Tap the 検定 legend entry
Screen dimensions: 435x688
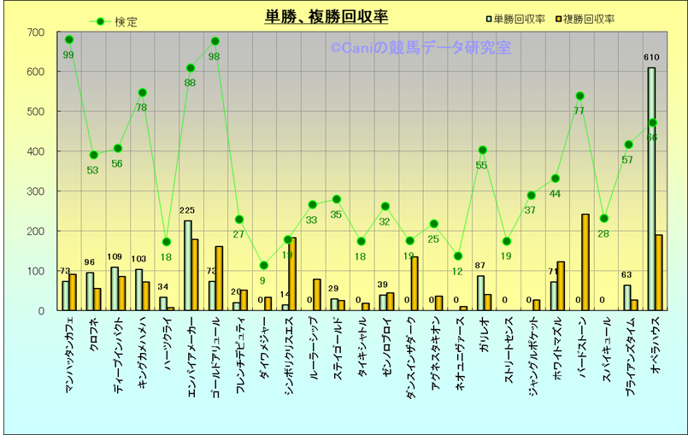pyautogui.click(x=125, y=21)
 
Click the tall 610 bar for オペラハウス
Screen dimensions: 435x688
pyautogui.click(x=651, y=188)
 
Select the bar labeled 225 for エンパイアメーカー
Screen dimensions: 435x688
pyautogui.click(x=188, y=265)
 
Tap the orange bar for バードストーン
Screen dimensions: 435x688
pyautogui.click(x=585, y=262)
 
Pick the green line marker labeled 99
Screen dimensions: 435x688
pyautogui.click(x=68, y=39)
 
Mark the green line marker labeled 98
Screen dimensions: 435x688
pyautogui.click(x=215, y=41)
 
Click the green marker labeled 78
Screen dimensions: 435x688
pyautogui.click(x=142, y=92)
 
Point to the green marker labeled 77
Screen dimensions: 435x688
pyautogui.click(x=580, y=96)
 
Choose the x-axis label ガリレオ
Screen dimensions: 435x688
pyautogui.click(x=484, y=338)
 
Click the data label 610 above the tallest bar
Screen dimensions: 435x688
pyautogui.click(x=651, y=57)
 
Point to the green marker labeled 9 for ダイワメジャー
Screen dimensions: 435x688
pyautogui.click(x=264, y=265)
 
